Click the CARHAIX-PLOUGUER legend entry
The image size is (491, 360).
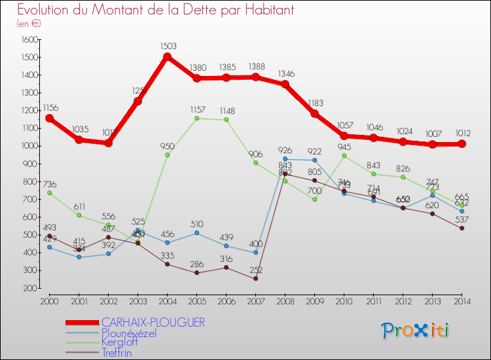153,322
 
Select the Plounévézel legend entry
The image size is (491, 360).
129,333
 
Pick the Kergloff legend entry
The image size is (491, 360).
120,342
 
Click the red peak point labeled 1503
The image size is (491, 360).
167,56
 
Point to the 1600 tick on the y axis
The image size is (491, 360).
30,39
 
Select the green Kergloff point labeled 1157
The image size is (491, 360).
196,118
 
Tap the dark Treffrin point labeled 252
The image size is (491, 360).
255,279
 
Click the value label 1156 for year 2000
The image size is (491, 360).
49,107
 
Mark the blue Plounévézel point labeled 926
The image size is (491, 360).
285,159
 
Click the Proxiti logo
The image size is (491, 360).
415,330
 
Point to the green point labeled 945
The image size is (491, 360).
344,156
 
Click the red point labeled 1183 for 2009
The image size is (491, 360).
314,113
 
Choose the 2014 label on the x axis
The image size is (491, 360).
462,300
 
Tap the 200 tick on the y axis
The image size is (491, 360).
30,288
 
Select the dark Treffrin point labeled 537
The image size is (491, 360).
462,228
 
